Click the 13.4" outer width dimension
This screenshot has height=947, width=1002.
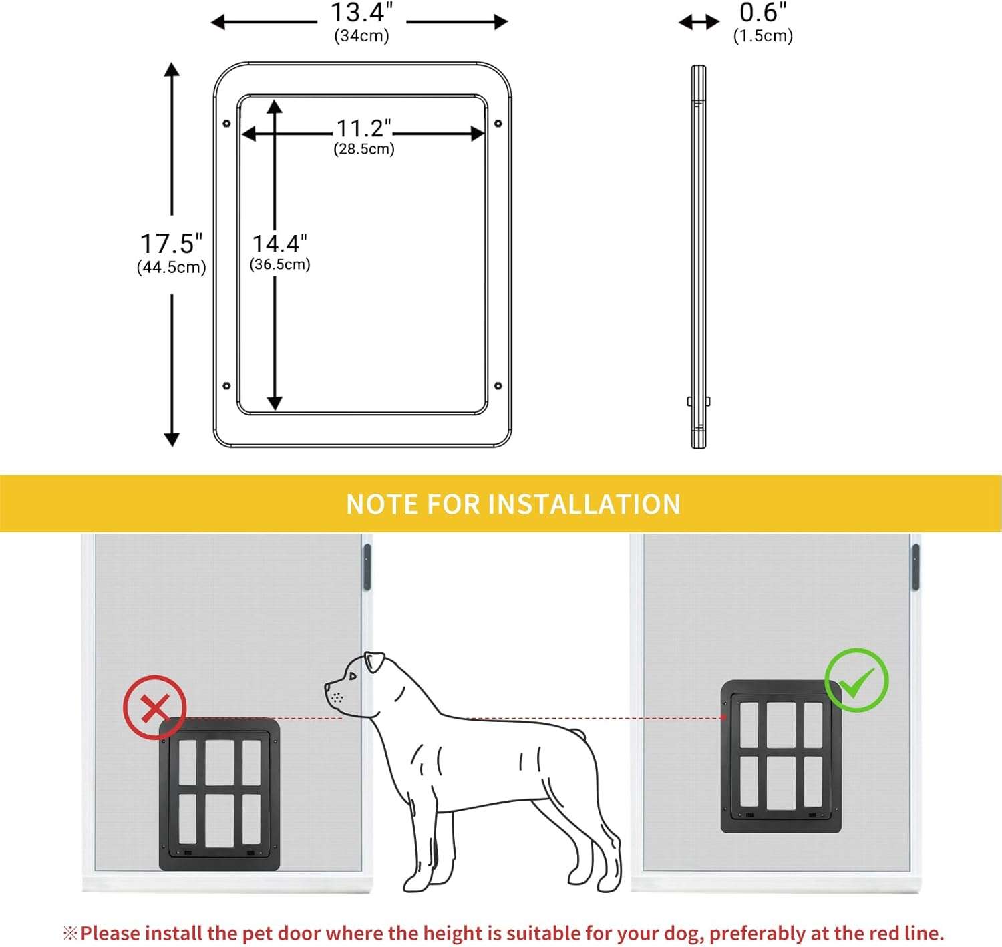[x=361, y=13]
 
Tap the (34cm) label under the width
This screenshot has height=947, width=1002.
[x=361, y=36]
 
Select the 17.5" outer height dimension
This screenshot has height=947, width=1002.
[x=171, y=244]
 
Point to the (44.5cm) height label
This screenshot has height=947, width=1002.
[x=171, y=268]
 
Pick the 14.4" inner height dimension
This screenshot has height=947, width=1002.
[x=279, y=244]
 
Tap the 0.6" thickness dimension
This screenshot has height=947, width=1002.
[x=762, y=13]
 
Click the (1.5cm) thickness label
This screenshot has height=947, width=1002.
[x=763, y=36]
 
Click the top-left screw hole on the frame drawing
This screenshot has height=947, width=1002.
[x=226, y=124]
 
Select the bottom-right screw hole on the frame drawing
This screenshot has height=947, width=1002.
[x=498, y=386]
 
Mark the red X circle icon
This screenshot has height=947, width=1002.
[x=154, y=707]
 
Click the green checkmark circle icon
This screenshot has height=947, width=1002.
[x=856, y=680]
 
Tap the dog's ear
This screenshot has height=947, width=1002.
[x=374, y=662]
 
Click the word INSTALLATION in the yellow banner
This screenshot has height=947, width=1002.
[x=584, y=504]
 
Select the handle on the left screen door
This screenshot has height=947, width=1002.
[x=367, y=567]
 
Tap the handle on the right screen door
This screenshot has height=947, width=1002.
[x=915, y=567]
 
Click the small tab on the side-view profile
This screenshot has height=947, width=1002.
[x=690, y=401]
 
